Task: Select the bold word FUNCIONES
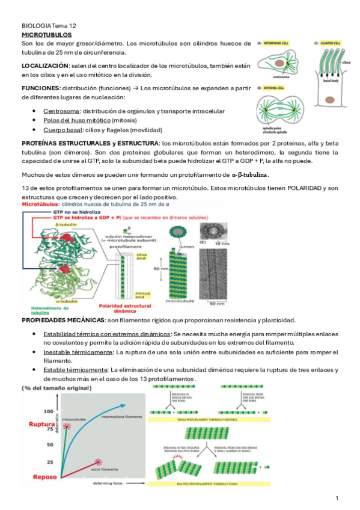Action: tap(40, 88)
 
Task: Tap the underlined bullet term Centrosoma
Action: tap(61, 111)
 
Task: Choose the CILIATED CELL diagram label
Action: tap(329, 43)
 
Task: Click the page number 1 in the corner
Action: tap(337, 498)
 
